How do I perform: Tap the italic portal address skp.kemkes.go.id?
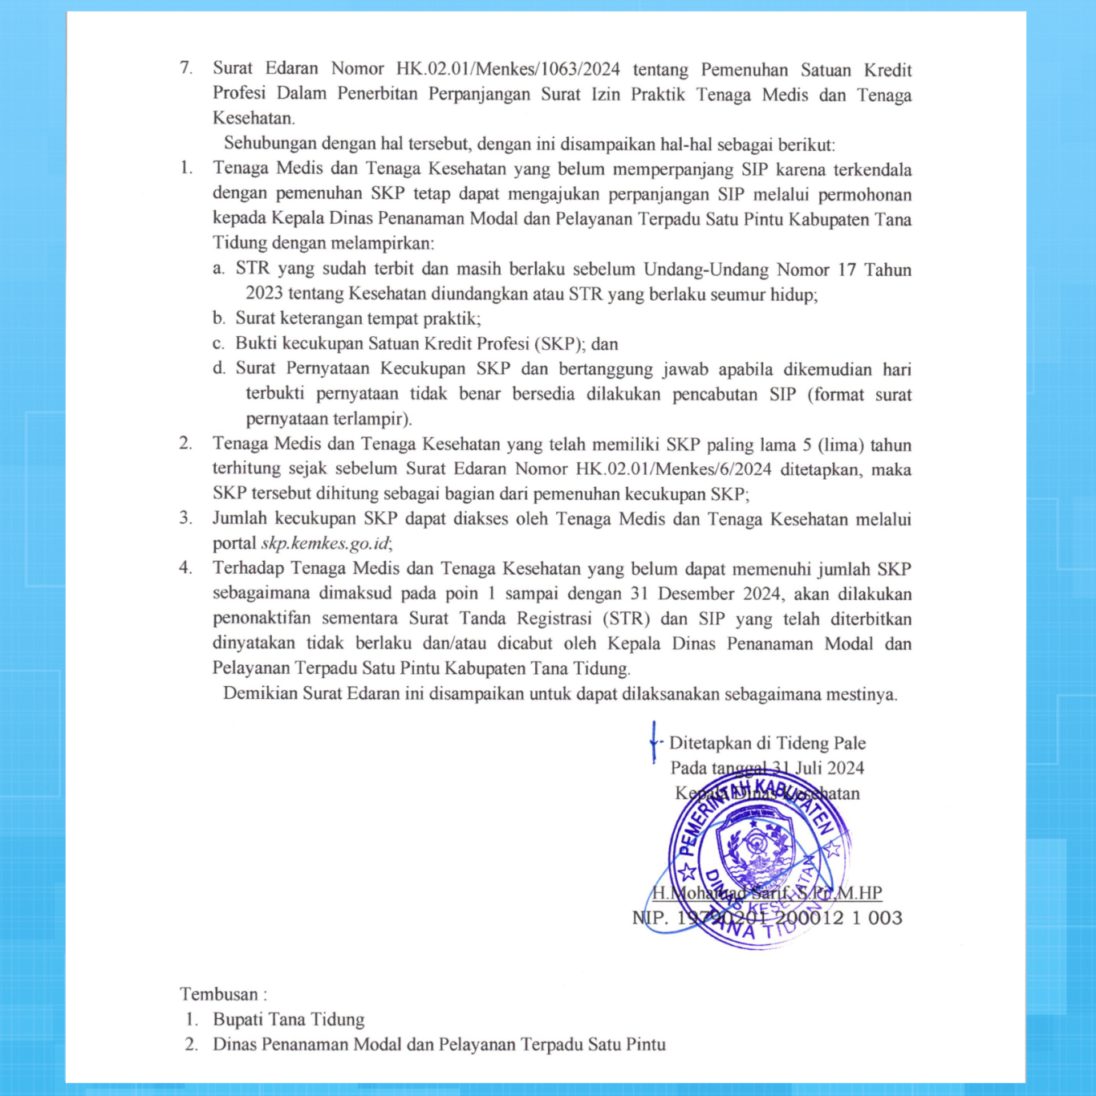click(325, 543)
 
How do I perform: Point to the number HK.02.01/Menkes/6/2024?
click(673, 469)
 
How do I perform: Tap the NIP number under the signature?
click(767, 918)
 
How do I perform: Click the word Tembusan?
click(218, 994)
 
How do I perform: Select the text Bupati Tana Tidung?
click(288, 1019)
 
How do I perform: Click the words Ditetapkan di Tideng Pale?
click(767, 743)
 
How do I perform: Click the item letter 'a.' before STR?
click(219, 269)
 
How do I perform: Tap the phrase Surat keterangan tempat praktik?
click(357, 319)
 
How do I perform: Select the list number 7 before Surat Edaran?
click(186, 68)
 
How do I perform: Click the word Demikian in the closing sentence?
click(259, 693)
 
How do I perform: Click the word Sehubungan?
click(269, 144)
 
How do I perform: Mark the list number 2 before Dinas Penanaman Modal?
click(191, 1044)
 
